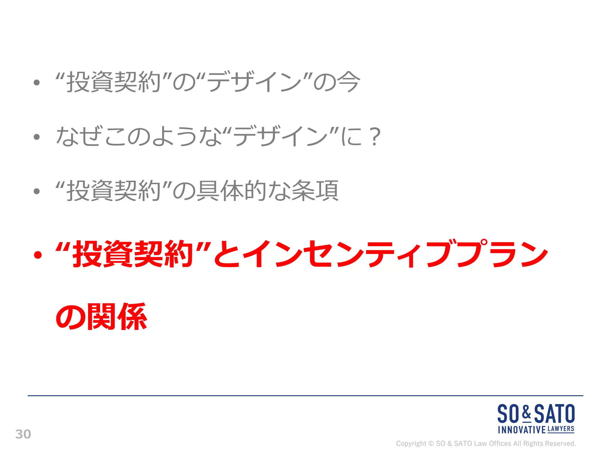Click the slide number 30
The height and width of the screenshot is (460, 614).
[x=23, y=434]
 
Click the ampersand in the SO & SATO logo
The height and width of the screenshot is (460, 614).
[x=526, y=413]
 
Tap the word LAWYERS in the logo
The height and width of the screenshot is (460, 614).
[x=561, y=429]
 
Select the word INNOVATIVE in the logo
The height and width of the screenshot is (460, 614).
[x=522, y=430]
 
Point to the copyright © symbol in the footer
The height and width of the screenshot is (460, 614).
[x=431, y=444]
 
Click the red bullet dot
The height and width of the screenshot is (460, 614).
[x=37, y=255]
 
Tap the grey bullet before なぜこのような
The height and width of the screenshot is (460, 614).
[x=37, y=137]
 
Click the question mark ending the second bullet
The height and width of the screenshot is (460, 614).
[x=375, y=137]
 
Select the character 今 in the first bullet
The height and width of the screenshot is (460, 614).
[x=348, y=82]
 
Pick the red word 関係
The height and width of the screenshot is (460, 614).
[x=117, y=317]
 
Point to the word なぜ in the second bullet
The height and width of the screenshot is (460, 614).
[x=78, y=137]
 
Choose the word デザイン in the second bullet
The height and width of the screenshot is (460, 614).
[x=280, y=137]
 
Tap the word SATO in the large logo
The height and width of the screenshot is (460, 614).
[x=555, y=414]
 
